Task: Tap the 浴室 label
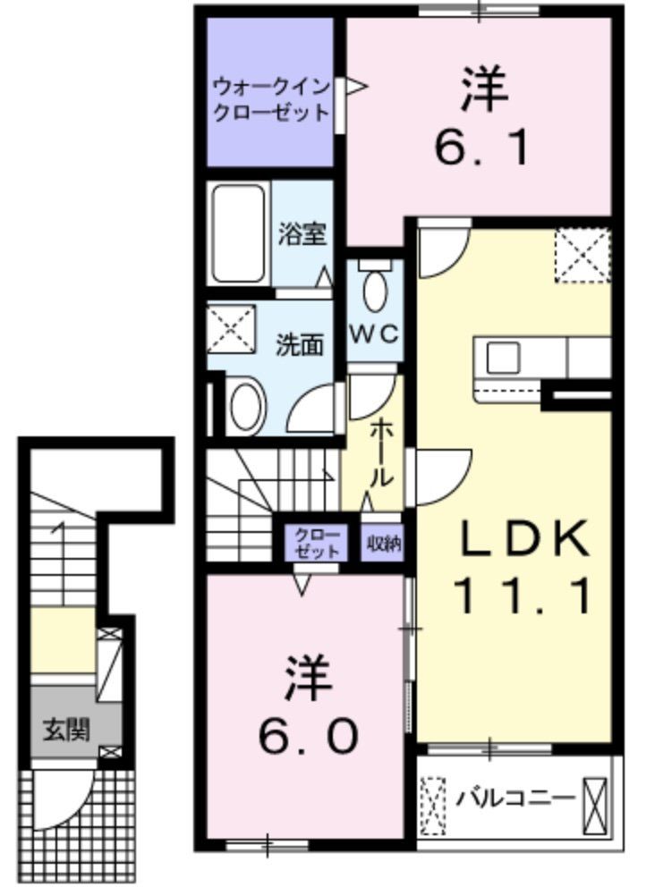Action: tap(301, 233)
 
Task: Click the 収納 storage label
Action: tap(383, 543)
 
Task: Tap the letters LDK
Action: tap(524, 539)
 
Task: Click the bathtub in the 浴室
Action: tap(239, 233)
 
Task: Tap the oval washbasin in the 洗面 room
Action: tap(247, 404)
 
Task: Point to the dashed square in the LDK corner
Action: tap(582, 255)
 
